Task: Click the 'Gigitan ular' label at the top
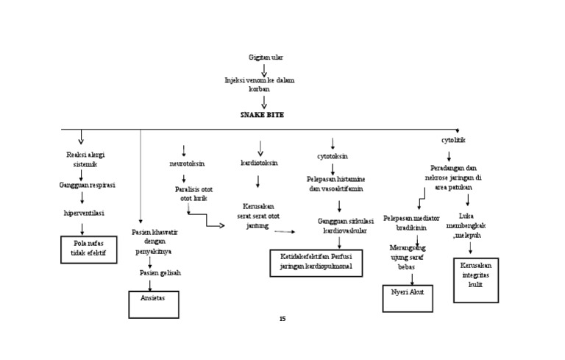[x=266, y=57]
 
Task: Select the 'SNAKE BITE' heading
[x=261, y=116]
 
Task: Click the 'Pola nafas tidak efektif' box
[x=90, y=249]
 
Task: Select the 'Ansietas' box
[x=153, y=304]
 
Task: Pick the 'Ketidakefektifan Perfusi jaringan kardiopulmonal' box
[x=316, y=262]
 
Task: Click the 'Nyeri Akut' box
[x=408, y=299]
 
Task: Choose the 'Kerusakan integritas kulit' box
[x=475, y=280]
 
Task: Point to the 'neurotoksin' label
[x=187, y=163]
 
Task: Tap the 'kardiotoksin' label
[x=259, y=163]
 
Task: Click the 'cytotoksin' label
[x=333, y=157]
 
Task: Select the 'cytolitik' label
[x=453, y=140]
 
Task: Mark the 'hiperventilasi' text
[x=84, y=213]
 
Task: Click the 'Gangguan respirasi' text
[x=87, y=185]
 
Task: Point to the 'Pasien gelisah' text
[x=160, y=272]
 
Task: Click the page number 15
[x=282, y=319]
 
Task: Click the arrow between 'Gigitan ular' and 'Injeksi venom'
[x=264, y=69]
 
